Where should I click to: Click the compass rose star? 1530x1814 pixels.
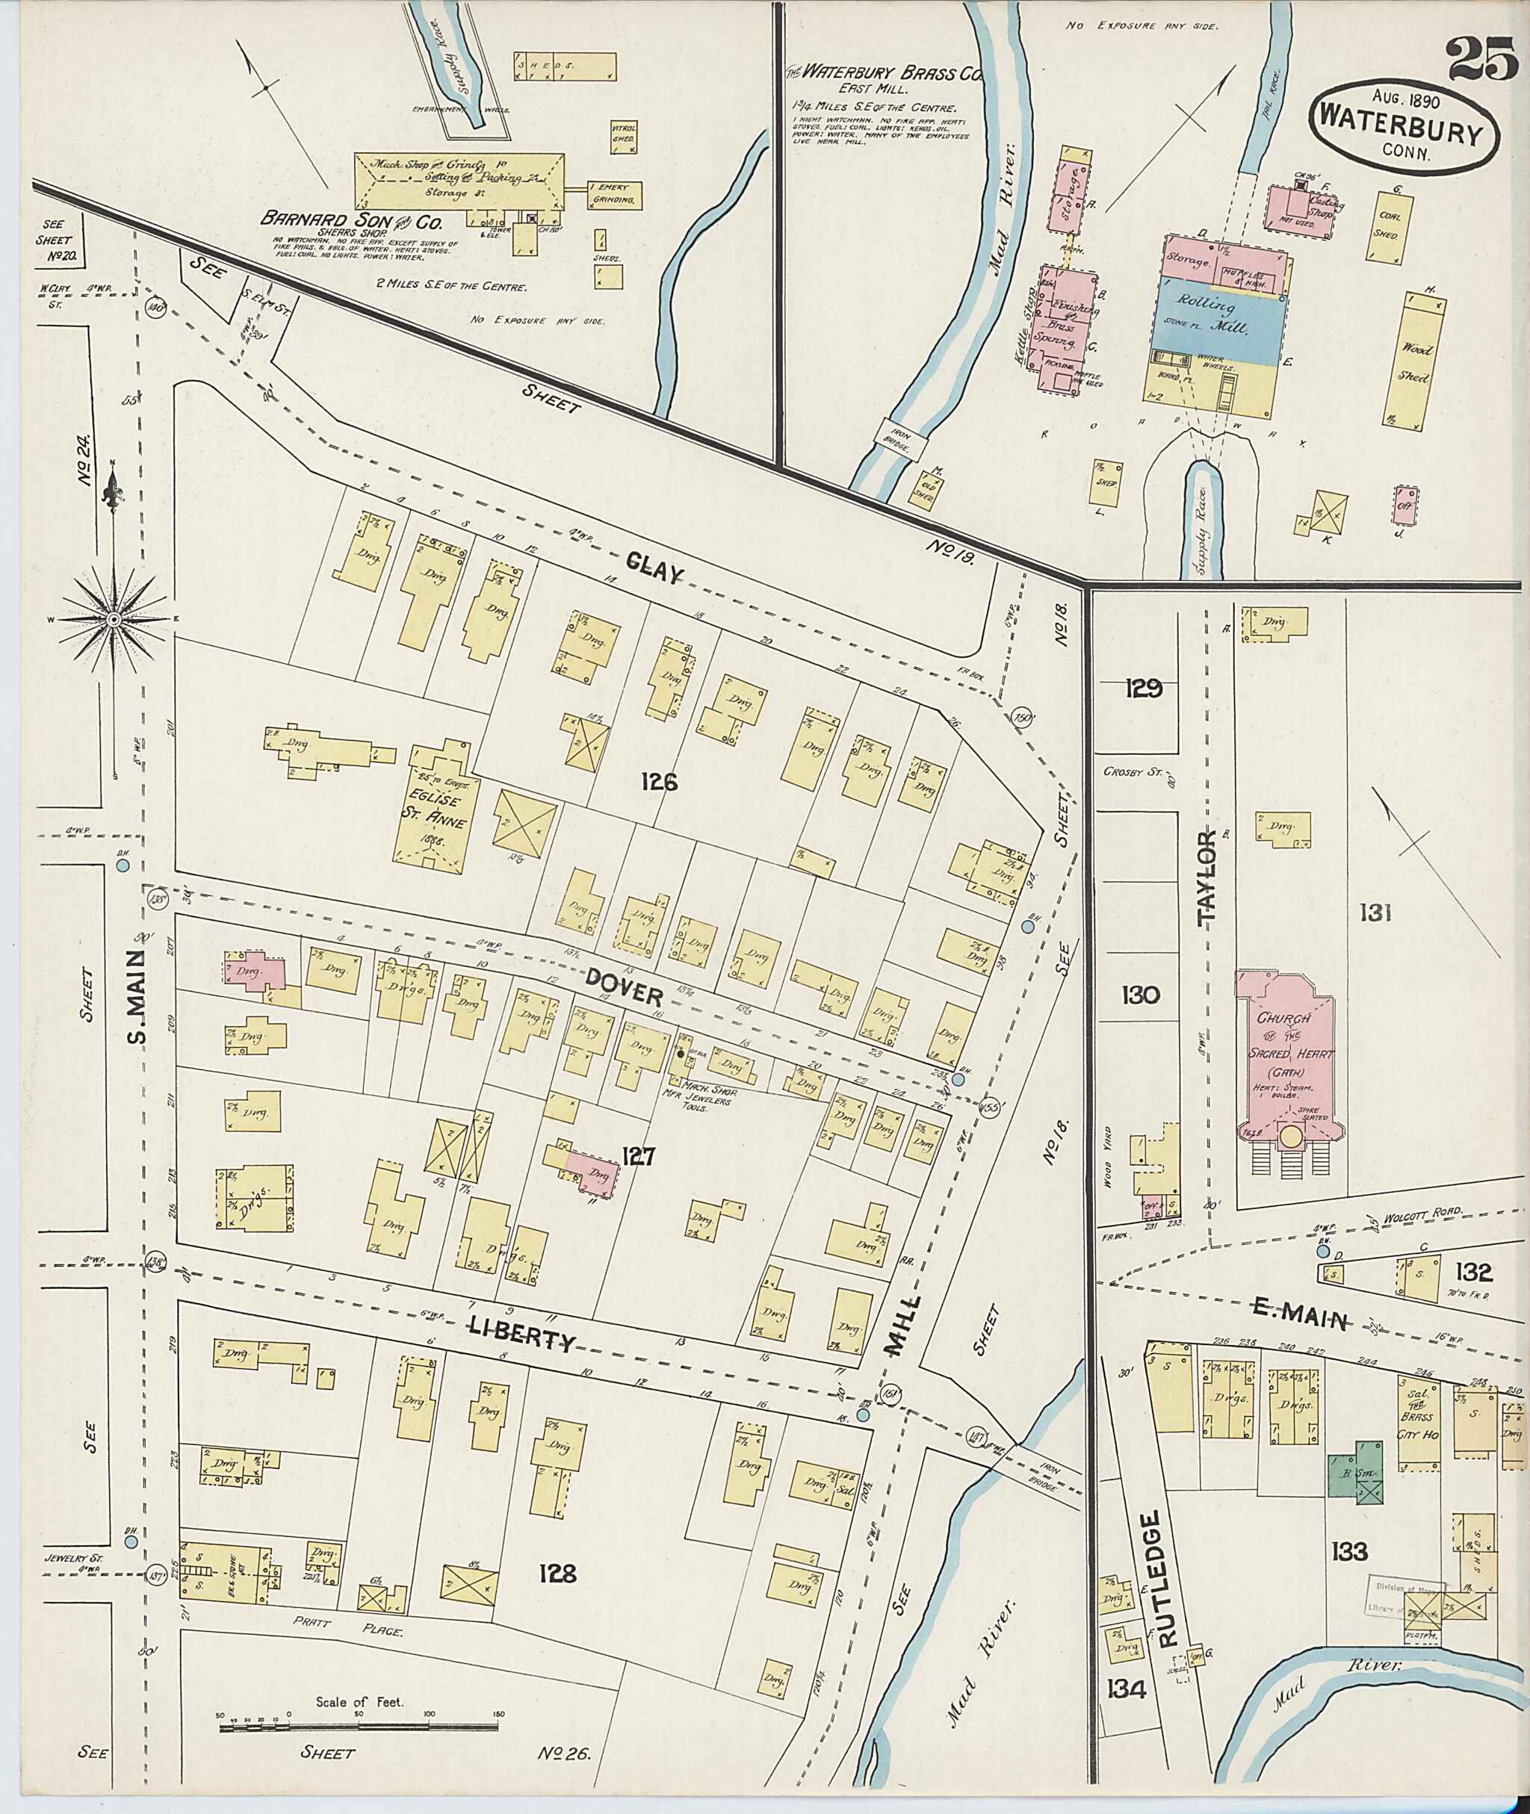click(114, 619)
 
